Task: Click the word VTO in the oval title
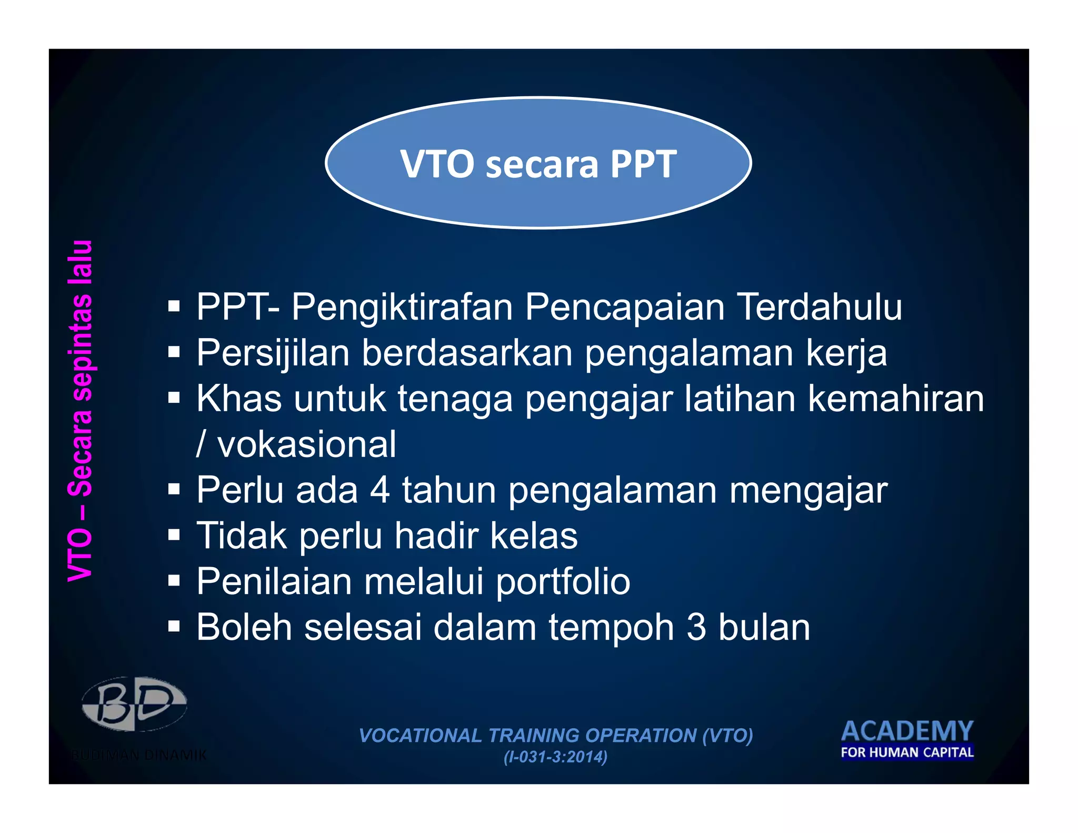point(437,164)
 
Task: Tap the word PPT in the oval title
point(643,164)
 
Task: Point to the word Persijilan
point(273,353)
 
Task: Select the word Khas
point(239,399)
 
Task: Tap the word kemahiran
point(895,399)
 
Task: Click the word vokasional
point(306,444)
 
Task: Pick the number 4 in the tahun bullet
point(380,490)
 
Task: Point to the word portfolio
point(563,582)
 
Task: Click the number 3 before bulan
point(696,628)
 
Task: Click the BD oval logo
point(134,704)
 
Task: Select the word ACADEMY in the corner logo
point(907,731)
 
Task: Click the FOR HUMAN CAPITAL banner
point(907,752)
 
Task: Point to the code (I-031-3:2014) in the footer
point(555,757)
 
